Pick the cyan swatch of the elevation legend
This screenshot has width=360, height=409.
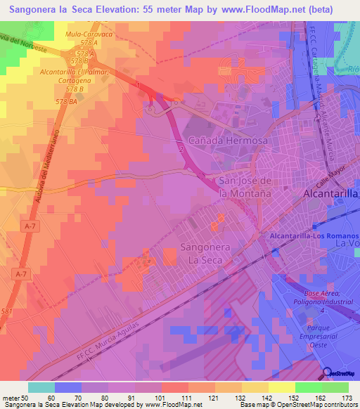(x=41, y=387)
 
